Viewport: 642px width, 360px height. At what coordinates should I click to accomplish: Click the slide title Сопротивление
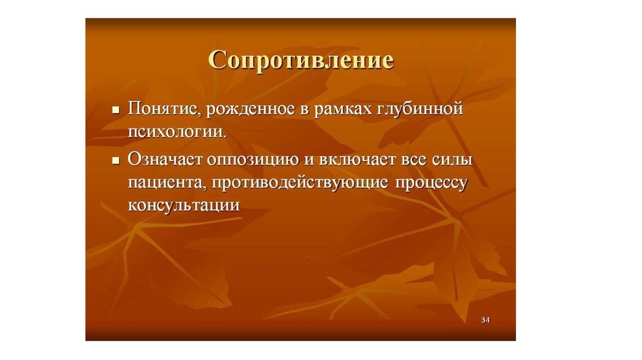tap(301, 61)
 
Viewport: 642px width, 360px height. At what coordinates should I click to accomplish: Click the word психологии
tap(177, 132)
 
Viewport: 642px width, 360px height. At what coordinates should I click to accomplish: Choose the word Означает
tap(165, 159)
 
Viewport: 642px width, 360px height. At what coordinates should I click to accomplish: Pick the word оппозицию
tap(253, 160)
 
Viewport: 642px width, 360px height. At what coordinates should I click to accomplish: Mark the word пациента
tap(167, 183)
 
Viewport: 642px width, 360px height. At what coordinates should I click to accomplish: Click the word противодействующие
tap(300, 183)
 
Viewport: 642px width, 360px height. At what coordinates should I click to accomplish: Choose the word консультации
tap(184, 205)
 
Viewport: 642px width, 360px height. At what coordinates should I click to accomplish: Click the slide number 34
tap(485, 320)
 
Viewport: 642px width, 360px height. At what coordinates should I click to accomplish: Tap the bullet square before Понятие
tap(116, 110)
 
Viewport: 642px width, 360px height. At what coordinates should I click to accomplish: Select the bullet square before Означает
tap(116, 161)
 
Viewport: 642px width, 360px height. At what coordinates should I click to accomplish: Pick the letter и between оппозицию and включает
tap(308, 160)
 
